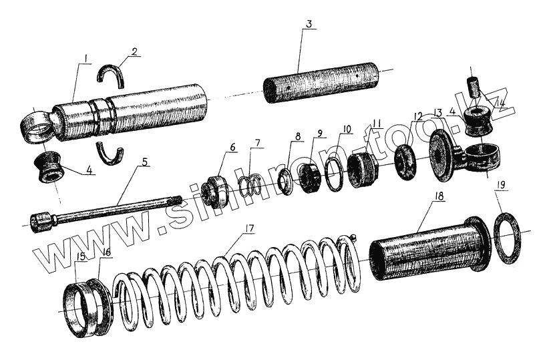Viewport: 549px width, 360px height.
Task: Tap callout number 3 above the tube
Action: [x=308, y=24]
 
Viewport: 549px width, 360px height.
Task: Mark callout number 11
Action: [x=378, y=124]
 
